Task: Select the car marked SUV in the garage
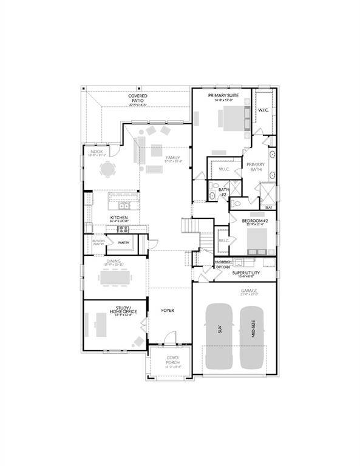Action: (220, 337)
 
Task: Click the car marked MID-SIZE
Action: (254, 337)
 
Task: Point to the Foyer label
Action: (168, 310)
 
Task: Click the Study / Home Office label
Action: (123, 310)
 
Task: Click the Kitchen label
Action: (118, 217)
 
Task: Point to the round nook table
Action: (107, 171)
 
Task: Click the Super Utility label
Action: (246, 274)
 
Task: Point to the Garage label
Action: (249, 291)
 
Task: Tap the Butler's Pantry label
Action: (98, 242)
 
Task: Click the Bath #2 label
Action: (223, 192)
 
